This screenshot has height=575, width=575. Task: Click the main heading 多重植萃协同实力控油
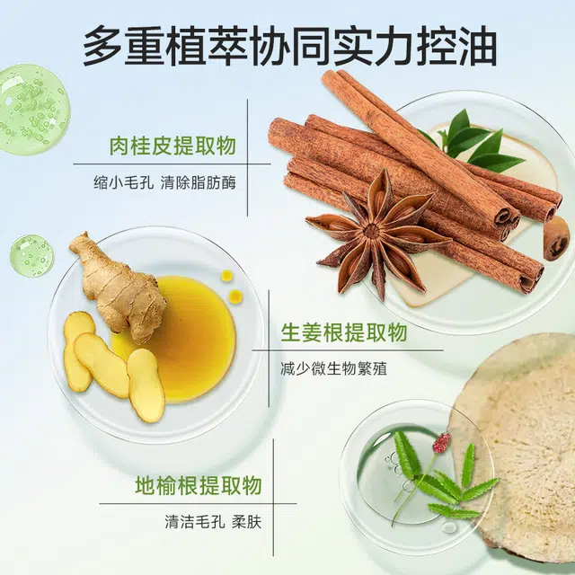(x=290, y=46)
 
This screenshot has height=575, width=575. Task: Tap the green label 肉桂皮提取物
(x=172, y=146)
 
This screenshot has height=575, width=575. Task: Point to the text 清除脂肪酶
(x=199, y=182)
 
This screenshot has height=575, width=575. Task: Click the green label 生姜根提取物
(x=344, y=332)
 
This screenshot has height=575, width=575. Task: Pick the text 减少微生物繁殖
(x=333, y=368)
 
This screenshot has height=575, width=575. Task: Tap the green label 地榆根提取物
(x=199, y=485)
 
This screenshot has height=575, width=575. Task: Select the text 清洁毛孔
(x=195, y=522)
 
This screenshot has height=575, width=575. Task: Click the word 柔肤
(x=247, y=522)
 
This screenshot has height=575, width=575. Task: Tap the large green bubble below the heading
(x=34, y=110)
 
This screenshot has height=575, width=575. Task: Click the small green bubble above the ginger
(x=31, y=255)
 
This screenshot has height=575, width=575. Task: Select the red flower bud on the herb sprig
(x=441, y=442)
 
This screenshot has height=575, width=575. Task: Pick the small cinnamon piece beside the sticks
(x=557, y=238)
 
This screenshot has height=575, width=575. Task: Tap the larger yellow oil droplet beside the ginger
(x=235, y=296)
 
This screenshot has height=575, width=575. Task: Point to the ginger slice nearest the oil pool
(x=146, y=385)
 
